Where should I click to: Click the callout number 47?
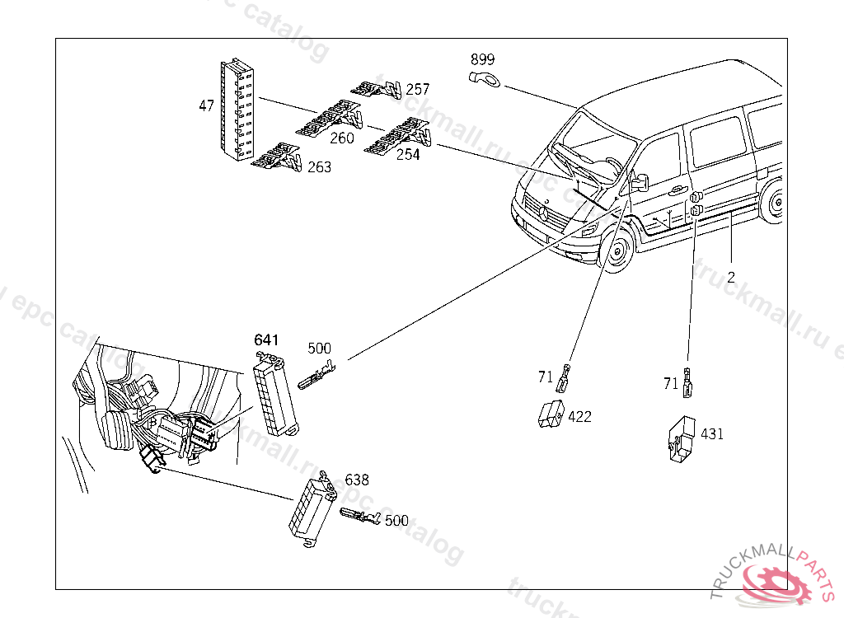coord(206,105)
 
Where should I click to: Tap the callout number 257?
coord(418,89)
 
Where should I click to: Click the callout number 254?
coord(408,154)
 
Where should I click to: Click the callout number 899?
coord(483,60)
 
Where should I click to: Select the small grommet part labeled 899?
coord(485,79)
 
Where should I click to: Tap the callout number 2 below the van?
coord(731,277)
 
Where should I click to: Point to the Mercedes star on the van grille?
coord(545,212)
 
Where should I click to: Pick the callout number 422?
coord(580,417)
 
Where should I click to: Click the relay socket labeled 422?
coord(551,412)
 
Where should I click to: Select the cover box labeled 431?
coord(681,438)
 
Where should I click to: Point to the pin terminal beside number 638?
coord(359,517)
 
